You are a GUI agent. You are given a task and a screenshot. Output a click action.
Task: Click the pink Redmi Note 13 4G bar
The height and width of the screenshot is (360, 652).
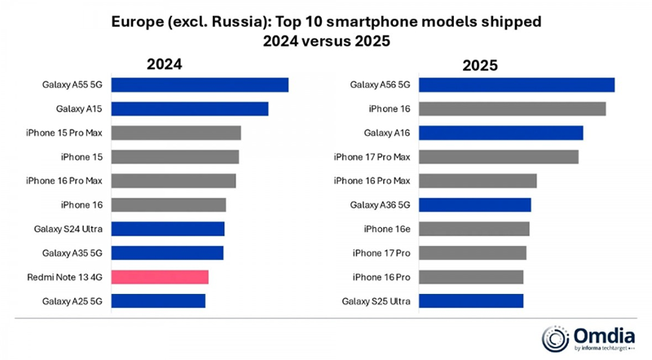click(x=160, y=277)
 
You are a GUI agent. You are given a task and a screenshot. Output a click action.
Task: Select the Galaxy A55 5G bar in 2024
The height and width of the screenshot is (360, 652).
click(x=200, y=85)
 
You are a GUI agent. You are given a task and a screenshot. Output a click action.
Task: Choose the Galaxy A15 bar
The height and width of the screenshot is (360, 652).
click(x=189, y=109)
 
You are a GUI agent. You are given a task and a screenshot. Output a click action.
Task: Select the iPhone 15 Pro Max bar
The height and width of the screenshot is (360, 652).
click(x=175, y=133)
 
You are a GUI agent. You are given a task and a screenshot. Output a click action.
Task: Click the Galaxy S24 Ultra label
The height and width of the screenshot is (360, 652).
click(x=67, y=229)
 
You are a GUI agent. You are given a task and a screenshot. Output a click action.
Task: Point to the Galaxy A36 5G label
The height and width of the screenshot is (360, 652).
click(x=380, y=204)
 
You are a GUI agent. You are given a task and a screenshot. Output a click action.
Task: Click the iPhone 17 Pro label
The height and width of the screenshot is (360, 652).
click(x=381, y=252)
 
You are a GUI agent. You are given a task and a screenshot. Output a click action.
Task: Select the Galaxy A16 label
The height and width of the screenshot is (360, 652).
click(x=386, y=133)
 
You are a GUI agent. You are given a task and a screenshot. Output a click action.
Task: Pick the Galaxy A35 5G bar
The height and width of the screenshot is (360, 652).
click(x=167, y=252)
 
